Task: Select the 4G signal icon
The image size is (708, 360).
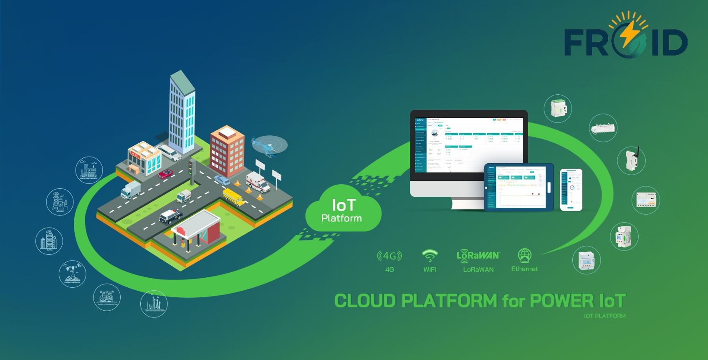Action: [389, 256]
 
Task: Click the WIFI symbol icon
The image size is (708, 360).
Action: [430, 255]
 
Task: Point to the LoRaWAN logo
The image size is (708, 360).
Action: [478, 255]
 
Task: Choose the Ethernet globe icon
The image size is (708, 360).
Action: [524, 255]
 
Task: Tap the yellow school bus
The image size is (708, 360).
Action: [233, 197]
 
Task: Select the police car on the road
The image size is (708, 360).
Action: [171, 216]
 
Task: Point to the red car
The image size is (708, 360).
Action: [166, 173]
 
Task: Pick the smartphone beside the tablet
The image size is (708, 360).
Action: [571, 190]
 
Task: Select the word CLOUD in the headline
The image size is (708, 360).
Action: [365, 301]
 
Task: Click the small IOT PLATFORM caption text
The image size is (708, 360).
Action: [604, 316]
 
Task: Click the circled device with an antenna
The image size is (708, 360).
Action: [631, 160]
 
